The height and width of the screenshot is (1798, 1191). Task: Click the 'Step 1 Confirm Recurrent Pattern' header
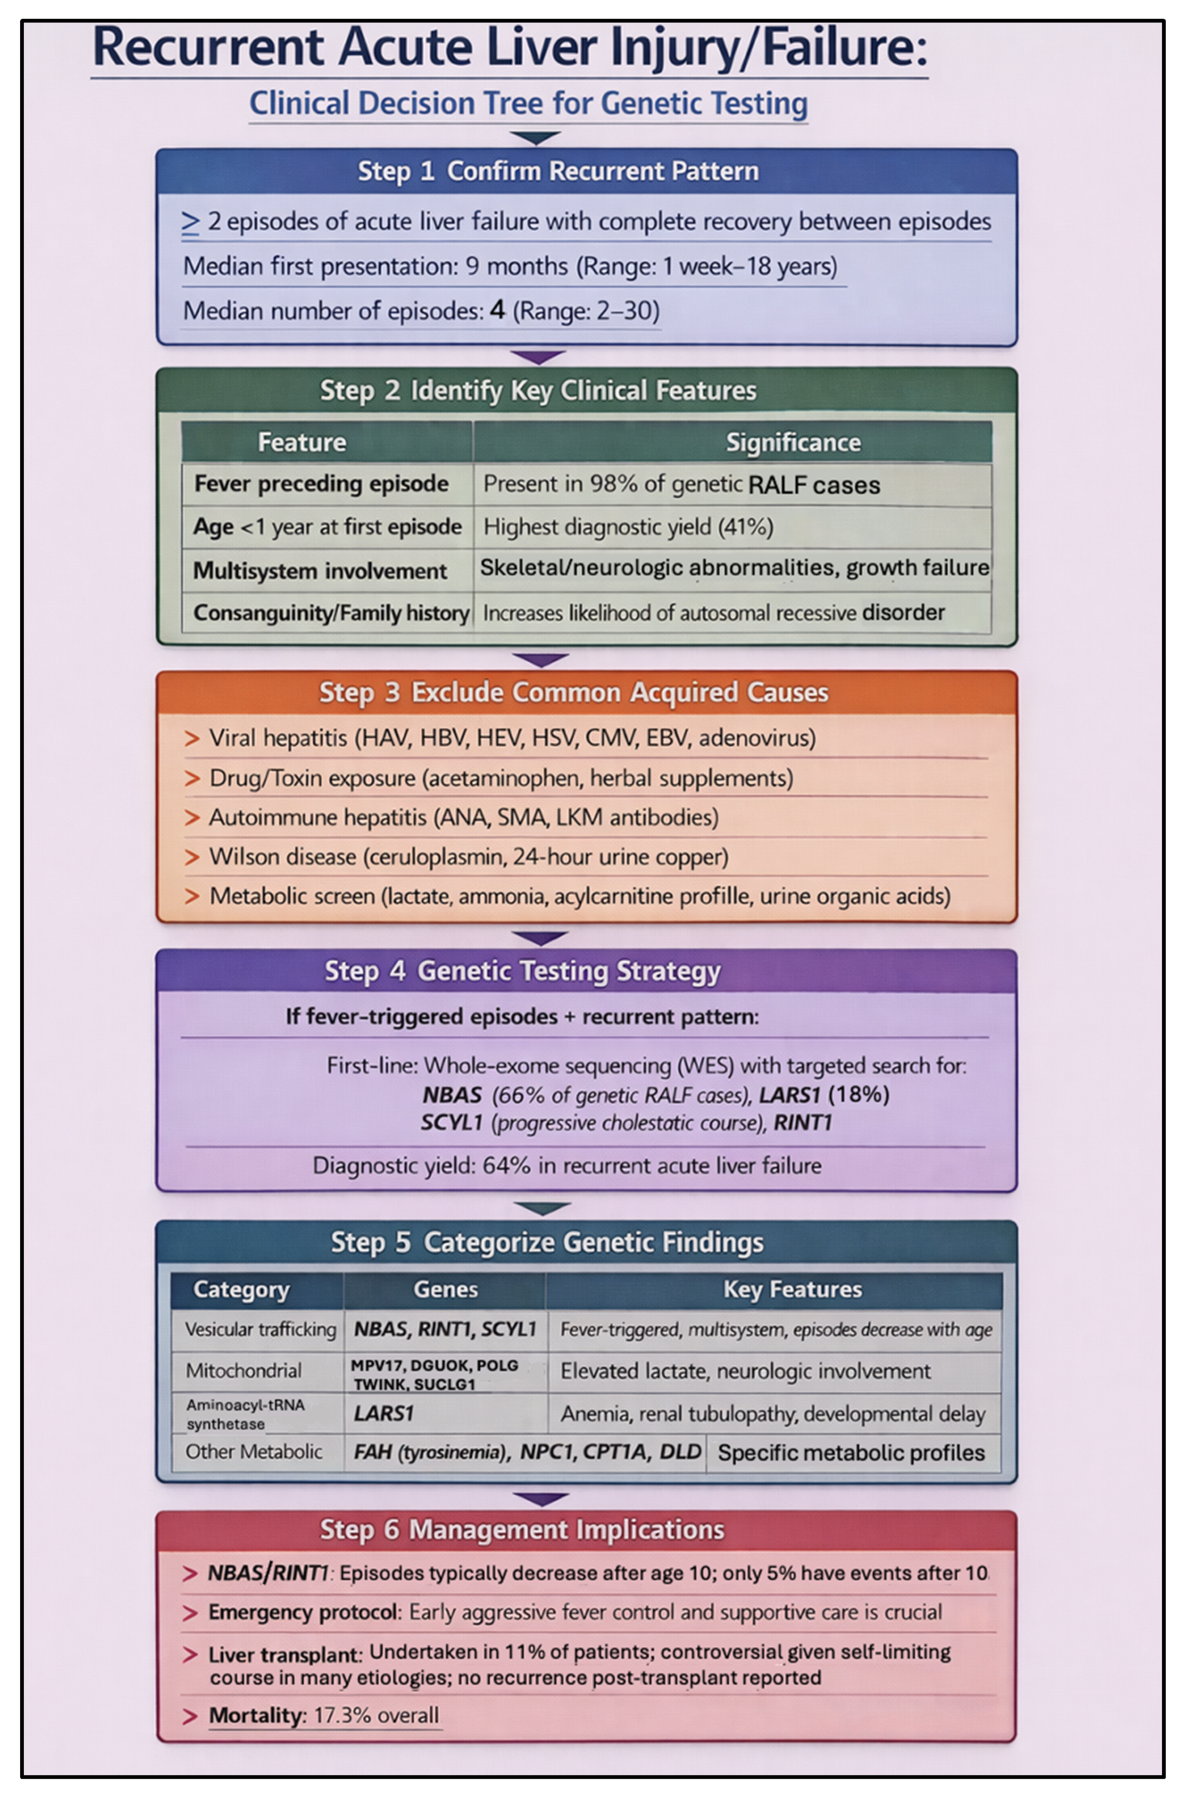point(558,172)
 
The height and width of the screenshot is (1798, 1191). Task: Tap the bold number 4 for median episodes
point(498,310)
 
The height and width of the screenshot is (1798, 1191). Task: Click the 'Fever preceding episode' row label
point(321,484)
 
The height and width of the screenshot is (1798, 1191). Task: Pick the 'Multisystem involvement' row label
point(320,571)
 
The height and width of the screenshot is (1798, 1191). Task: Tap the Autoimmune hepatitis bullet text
point(464,817)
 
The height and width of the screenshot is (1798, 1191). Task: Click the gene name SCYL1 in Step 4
point(451,1123)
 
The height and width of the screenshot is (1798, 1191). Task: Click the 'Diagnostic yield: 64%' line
point(567,1165)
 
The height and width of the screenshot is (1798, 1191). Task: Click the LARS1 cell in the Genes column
point(384,1413)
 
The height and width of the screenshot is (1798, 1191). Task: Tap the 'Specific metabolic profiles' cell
point(851,1453)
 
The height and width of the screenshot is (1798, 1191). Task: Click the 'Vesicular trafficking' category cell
point(260,1329)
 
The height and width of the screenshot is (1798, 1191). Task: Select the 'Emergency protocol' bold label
point(303,1612)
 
